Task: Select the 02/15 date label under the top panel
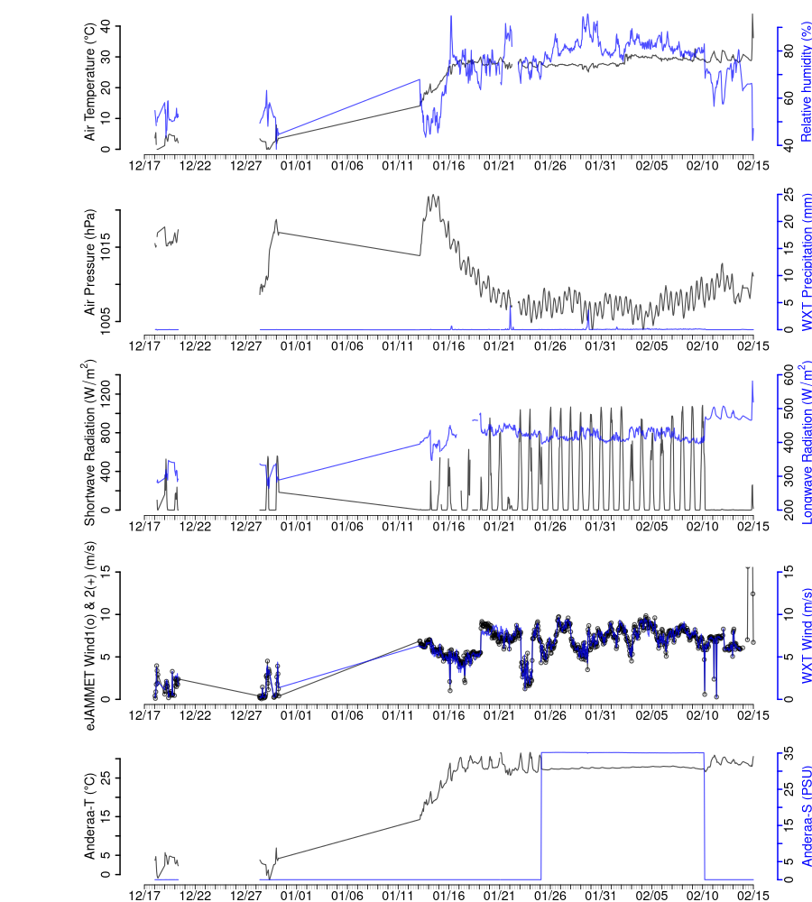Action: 752,165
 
